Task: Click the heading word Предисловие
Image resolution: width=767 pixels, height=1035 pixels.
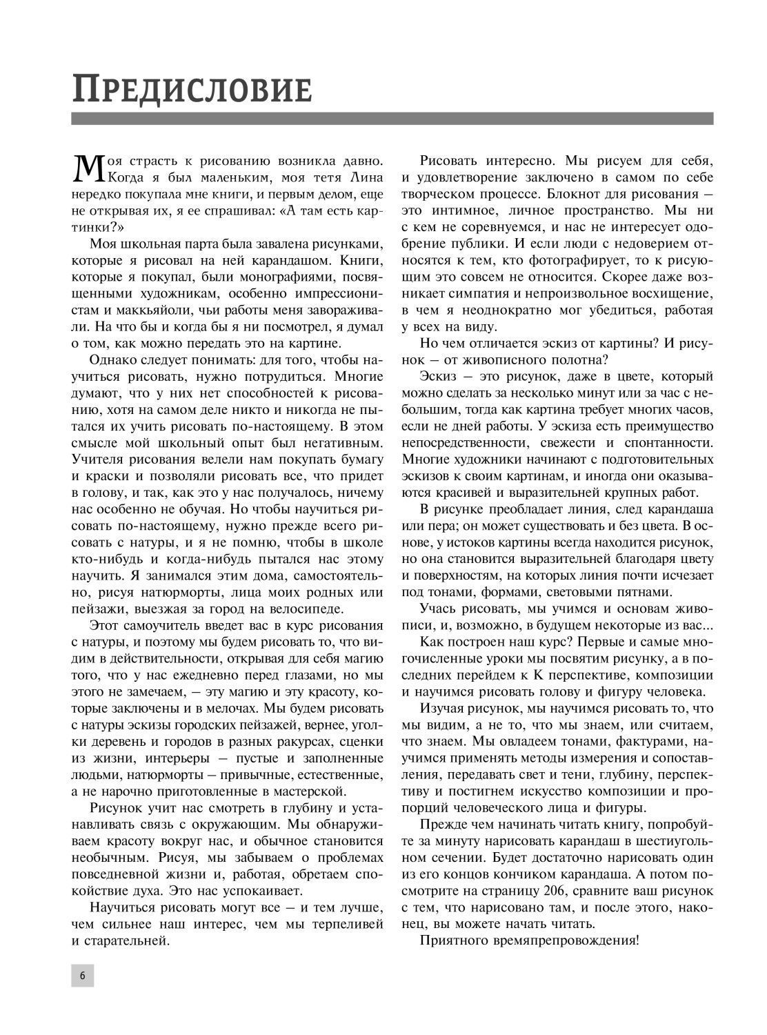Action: point(192,89)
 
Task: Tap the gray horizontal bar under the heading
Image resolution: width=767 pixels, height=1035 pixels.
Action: point(392,118)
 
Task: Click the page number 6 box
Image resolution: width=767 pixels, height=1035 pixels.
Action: point(82,976)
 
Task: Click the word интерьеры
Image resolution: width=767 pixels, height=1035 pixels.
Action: point(177,757)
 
